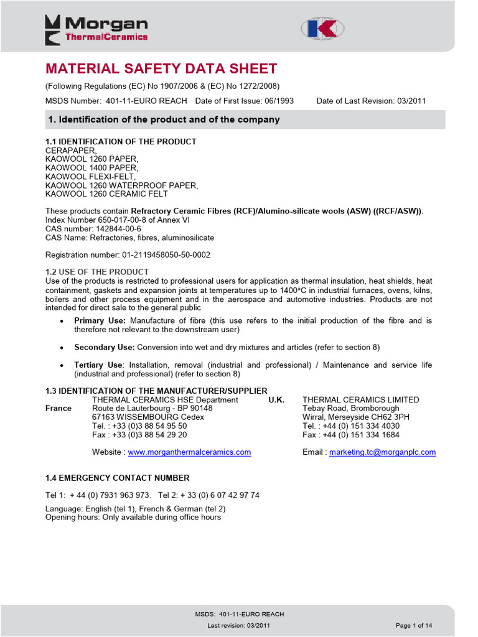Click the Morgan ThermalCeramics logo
tap(96, 30)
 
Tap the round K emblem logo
tap(322, 29)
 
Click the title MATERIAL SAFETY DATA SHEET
tap(161, 69)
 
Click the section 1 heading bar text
tap(164, 119)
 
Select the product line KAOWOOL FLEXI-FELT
tap(90, 177)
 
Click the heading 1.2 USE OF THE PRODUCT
tap(97, 272)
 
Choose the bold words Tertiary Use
tap(98, 365)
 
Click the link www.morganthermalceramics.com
tap(189, 452)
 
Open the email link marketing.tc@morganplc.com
tap(382, 452)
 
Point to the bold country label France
tap(59, 408)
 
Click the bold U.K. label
tap(276, 399)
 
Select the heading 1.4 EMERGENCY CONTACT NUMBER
tap(118, 478)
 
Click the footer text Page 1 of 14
tap(413, 625)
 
